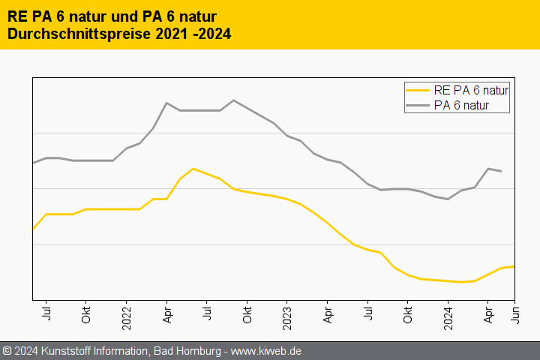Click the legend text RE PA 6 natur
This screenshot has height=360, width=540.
point(471,90)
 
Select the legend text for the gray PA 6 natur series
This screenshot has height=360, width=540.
point(461,105)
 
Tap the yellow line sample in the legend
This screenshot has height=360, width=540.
point(418,90)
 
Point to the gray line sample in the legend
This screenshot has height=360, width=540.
point(418,105)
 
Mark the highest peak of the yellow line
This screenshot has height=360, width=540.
point(193,169)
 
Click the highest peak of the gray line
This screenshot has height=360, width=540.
point(233,100)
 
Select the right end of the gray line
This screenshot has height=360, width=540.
point(501,172)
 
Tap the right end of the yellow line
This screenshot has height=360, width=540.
point(514,266)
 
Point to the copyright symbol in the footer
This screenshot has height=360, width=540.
point(7,351)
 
